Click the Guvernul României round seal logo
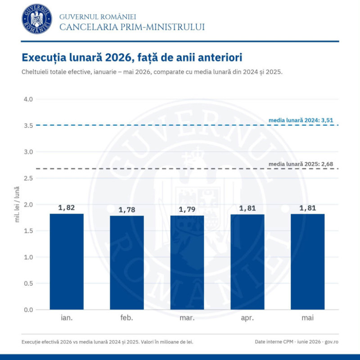click(37, 19)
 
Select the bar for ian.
click(67, 261)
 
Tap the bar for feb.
click(127, 263)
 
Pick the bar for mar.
click(187, 262)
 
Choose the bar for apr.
click(247, 262)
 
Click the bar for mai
click(308, 262)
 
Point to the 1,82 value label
click(67, 208)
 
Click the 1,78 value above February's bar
click(127, 210)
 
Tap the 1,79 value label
click(187, 209)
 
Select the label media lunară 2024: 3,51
click(301, 120)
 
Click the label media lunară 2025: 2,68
click(301, 164)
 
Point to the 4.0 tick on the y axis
click(28, 99)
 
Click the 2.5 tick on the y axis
click(28, 178)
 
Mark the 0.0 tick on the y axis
click(28, 310)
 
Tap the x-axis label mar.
click(187, 318)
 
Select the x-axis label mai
click(308, 318)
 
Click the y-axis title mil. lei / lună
click(17, 204)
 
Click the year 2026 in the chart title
click(118, 58)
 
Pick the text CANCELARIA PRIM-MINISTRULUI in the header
click(132, 27)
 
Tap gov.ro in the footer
click(331, 342)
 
